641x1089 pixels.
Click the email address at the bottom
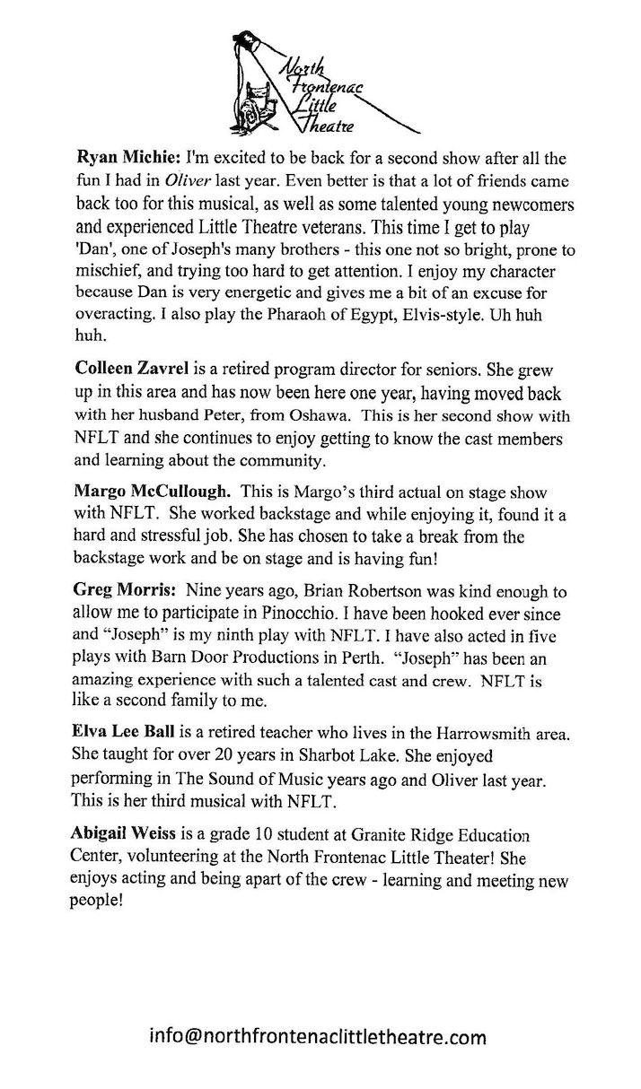pyautogui.click(x=319, y=1038)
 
